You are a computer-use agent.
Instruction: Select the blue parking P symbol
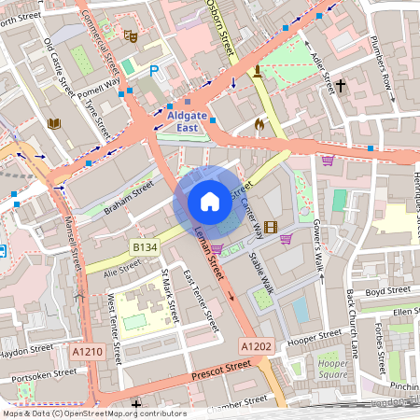[155, 70]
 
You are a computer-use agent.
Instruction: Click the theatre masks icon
[132, 35]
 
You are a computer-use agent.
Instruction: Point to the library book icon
[53, 123]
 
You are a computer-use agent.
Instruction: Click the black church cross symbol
[341, 86]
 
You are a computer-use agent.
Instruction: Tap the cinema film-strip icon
[271, 227]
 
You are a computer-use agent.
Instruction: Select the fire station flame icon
[259, 122]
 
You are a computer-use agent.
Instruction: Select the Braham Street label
[128, 197]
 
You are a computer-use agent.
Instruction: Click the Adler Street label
[322, 73]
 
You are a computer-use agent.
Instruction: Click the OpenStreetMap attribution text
[93, 413]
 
